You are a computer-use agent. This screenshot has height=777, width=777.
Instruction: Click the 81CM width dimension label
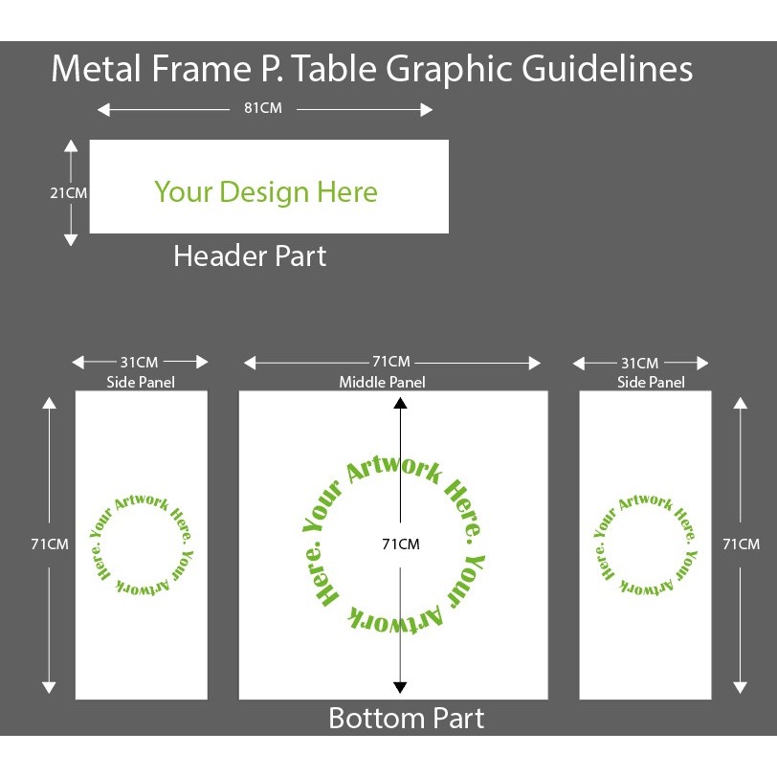click(263, 108)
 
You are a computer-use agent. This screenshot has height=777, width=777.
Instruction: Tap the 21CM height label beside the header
click(69, 192)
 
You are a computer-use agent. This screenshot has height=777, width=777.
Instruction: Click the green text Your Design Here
click(266, 192)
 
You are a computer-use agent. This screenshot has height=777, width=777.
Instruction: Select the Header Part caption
click(250, 256)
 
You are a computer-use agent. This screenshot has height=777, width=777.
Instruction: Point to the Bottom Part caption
click(407, 718)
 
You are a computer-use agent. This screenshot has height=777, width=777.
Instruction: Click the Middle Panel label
click(383, 383)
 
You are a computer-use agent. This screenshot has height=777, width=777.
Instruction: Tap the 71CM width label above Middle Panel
click(391, 362)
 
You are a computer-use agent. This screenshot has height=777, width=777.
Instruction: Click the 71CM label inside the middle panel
click(401, 544)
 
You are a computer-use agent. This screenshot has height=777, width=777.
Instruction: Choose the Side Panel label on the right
click(651, 383)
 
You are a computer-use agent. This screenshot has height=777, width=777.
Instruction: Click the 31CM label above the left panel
click(139, 362)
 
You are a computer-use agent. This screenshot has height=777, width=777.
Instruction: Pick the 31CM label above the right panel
click(639, 363)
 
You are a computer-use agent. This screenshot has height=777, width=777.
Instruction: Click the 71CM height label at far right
click(741, 544)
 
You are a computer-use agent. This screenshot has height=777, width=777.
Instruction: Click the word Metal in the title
click(92, 70)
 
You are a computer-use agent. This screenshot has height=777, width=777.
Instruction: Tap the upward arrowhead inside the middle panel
click(400, 404)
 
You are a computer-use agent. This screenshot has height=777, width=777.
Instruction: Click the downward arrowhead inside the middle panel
click(400, 687)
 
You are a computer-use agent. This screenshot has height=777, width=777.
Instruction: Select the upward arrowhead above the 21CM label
click(70, 145)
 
